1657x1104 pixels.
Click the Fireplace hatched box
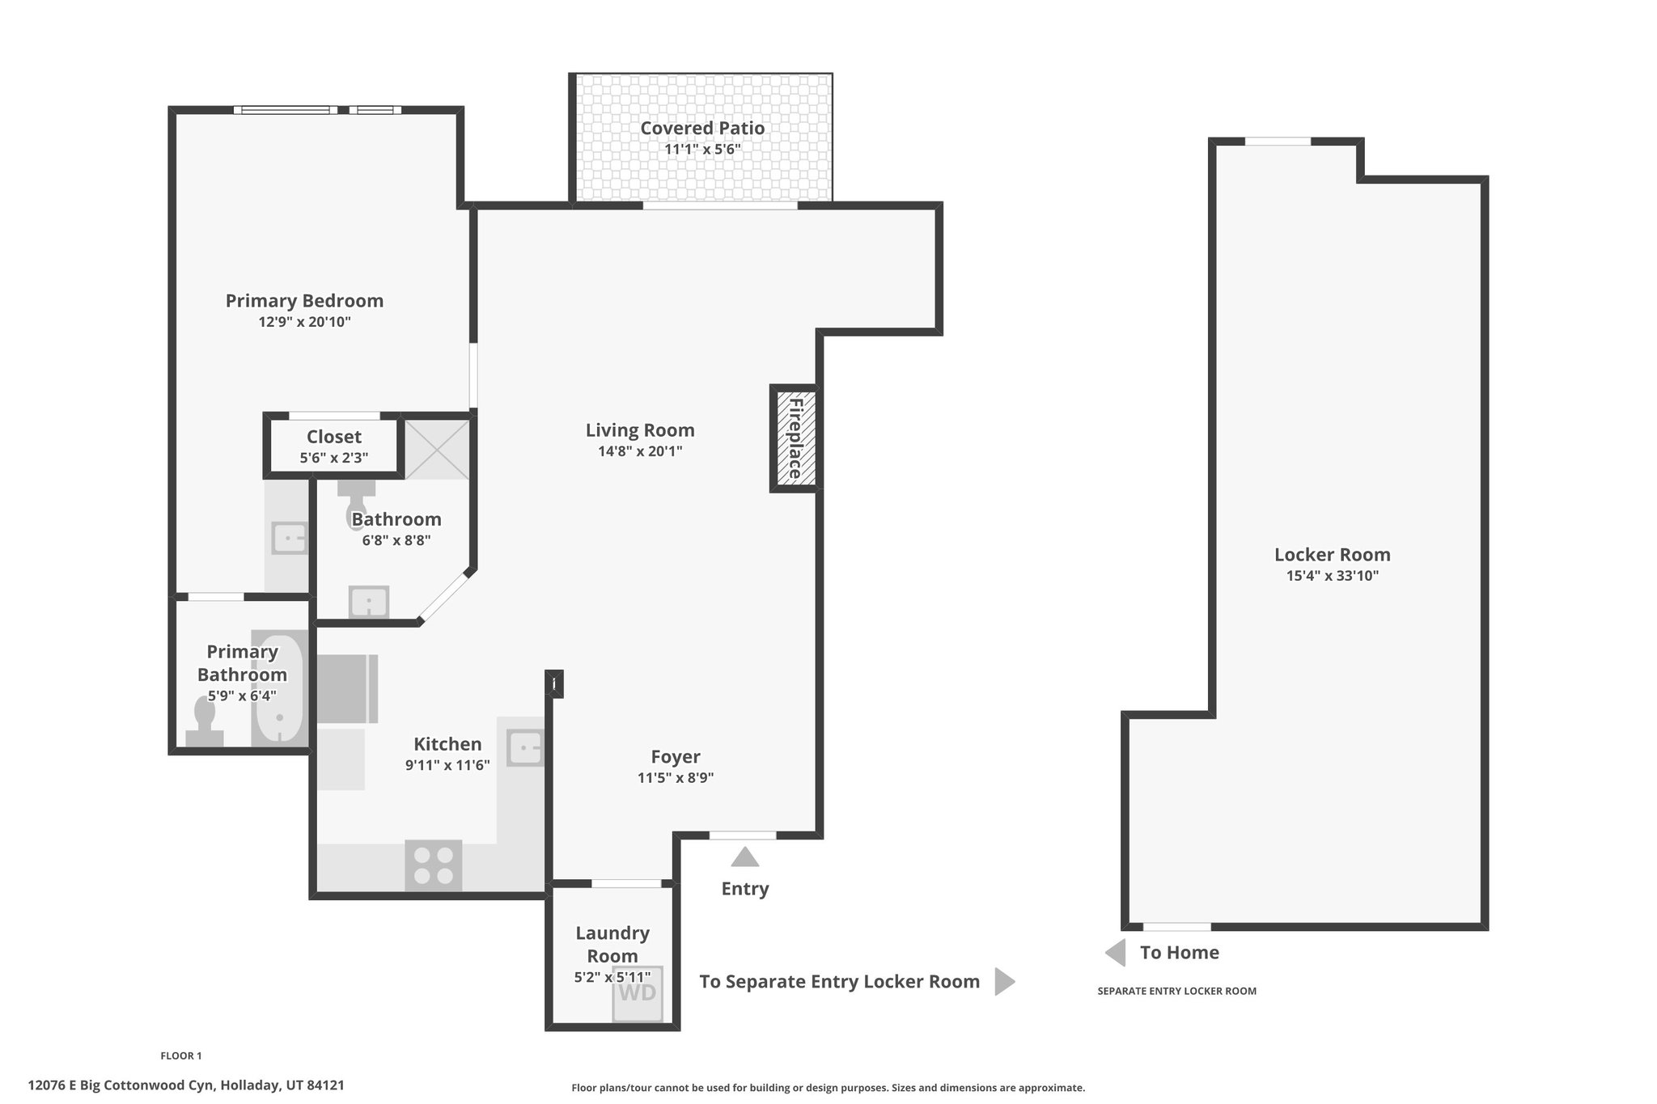pyautogui.click(x=794, y=438)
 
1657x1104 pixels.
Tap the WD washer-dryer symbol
pyautogui.click(x=638, y=994)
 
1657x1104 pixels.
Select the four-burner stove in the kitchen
pyautogui.click(x=434, y=866)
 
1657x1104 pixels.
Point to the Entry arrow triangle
pyautogui.click(x=745, y=857)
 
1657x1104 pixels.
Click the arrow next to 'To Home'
pyautogui.click(x=1116, y=953)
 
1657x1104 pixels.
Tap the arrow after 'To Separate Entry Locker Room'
pyautogui.click(x=1004, y=982)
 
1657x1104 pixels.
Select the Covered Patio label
pyautogui.click(x=702, y=128)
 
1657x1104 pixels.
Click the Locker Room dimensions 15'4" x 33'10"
pyautogui.click(x=1333, y=576)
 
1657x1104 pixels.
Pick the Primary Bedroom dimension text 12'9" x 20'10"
pyautogui.click(x=304, y=322)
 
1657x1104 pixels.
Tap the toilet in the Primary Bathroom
pyautogui.click(x=205, y=721)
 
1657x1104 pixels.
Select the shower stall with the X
pyautogui.click(x=436, y=448)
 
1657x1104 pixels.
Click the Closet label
pyautogui.click(x=334, y=437)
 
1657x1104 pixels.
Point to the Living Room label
pyautogui.click(x=640, y=430)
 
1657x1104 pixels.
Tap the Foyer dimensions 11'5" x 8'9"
pyautogui.click(x=676, y=778)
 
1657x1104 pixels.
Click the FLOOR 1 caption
pyautogui.click(x=181, y=1055)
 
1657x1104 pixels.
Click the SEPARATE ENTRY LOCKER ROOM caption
pyautogui.click(x=1176, y=991)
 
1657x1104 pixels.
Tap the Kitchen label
pyautogui.click(x=447, y=744)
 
